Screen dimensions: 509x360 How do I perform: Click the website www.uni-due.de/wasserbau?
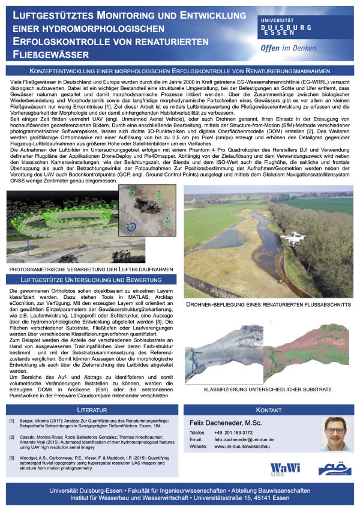click(x=239, y=446)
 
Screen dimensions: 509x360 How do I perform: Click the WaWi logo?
click(x=284, y=468)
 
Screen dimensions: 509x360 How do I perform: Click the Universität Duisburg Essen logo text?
click(x=286, y=27)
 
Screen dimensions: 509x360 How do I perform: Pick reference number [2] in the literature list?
click(x=13, y=438)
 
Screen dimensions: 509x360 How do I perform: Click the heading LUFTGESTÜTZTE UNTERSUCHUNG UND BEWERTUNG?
click(x=88, y=280)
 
